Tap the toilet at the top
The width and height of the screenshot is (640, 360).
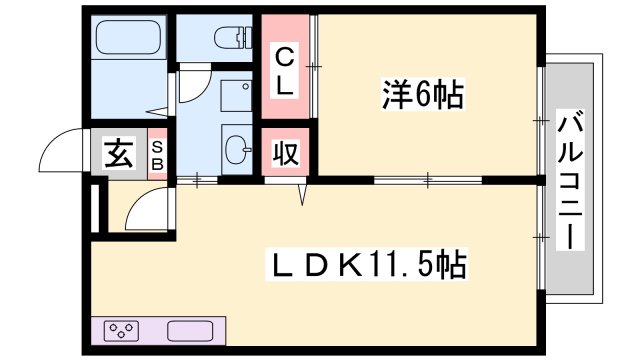(x=229, y=37)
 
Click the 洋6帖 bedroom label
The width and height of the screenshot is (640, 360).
(x=421, y=96)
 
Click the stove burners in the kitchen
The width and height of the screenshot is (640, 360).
(x=123, y=331)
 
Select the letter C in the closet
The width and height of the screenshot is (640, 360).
(x=284, y=55)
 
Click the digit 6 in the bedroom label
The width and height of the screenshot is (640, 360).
(x=425, y=96)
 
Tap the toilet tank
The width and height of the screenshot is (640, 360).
(x=245, y=36)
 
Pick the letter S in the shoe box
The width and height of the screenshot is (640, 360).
(x=158, y=145)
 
